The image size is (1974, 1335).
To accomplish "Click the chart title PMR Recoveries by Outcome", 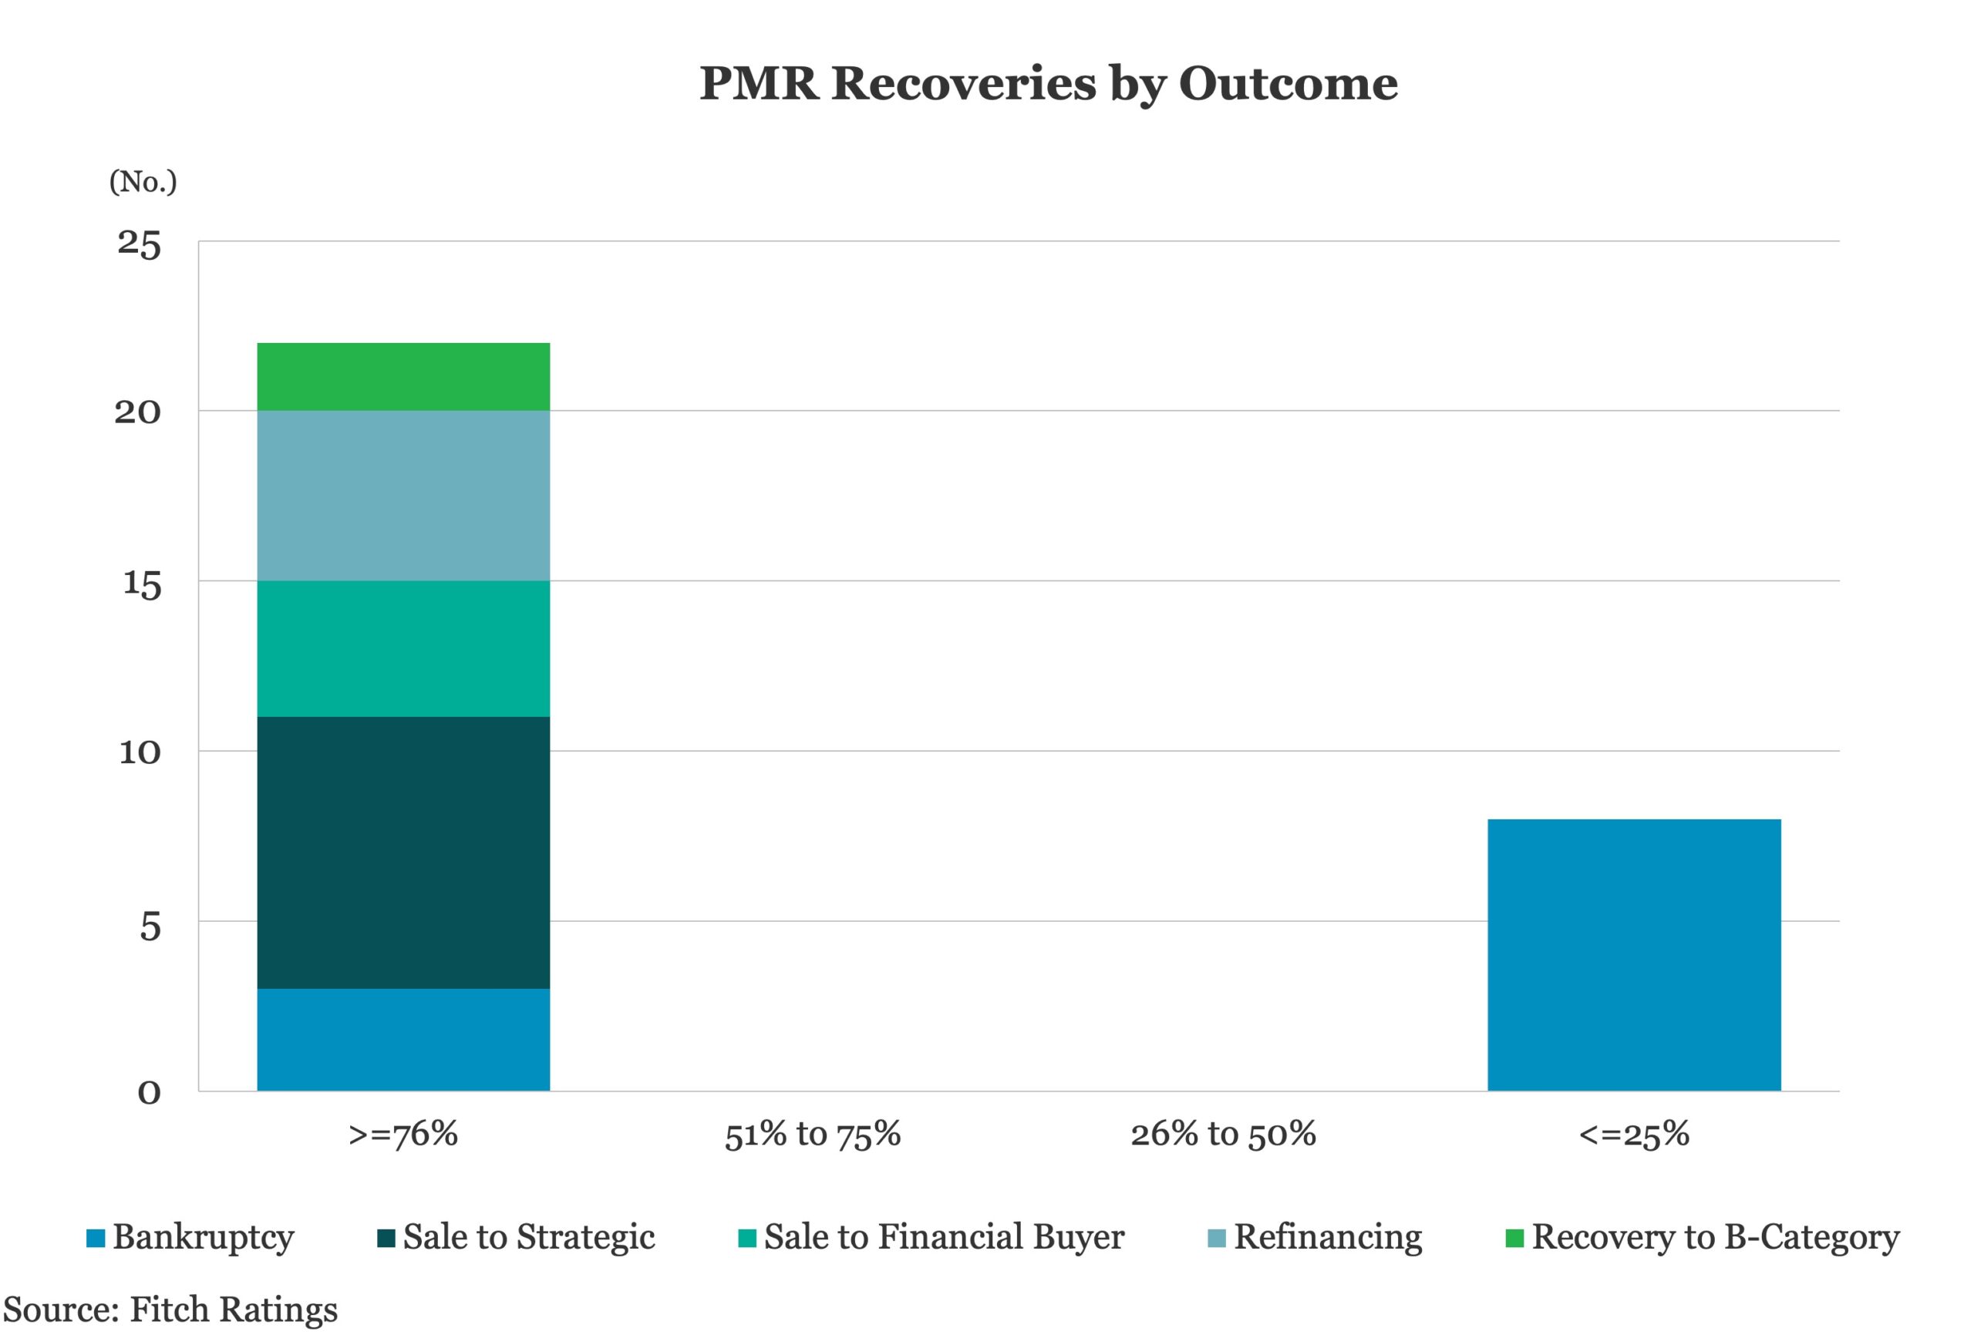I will [x=1048, y=84].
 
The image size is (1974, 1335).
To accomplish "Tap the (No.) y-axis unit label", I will [x=143, y=182].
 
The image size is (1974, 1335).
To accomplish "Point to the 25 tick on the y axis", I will [x=139, y=244].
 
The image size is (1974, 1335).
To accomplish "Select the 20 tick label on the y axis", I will [x=137, y=412].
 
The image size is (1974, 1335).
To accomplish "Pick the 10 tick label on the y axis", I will [x=140, y=752].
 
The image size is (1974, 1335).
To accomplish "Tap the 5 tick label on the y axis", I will [x=150, y=926].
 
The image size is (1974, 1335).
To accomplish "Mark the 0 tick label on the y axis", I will [x=149, y=1093].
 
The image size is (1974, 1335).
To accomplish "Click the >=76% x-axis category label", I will [x=403, y=1135].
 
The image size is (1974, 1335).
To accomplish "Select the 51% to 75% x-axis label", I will [x=812, y=1135].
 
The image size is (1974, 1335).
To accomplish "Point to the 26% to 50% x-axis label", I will [x=1223, y=1135].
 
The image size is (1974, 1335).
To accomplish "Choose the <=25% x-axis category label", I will [x=1633, y=1135].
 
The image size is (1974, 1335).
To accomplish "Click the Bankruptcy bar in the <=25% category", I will [x=1633, y=956].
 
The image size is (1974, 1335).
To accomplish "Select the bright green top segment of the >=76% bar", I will [x=403, y=377].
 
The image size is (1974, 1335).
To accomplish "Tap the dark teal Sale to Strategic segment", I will [x=403, y=852].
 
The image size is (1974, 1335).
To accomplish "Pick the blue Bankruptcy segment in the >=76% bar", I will [x=403, y=1040].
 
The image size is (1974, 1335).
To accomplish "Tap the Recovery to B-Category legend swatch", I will [x=1514, y=1238].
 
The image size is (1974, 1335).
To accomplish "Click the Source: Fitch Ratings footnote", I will [x=170, y=1310].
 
